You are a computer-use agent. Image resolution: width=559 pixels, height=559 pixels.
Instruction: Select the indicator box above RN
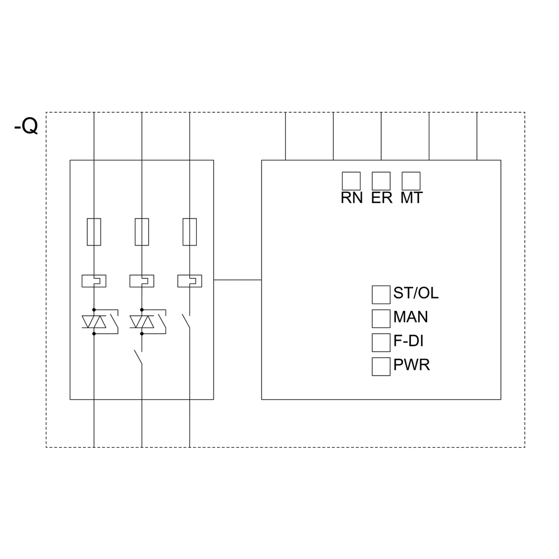(x=351, y=181)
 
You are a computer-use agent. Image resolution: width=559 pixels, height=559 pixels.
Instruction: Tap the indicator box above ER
(x=381, y=181)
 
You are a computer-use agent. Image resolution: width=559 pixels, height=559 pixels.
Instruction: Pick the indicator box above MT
(x=411, y=181)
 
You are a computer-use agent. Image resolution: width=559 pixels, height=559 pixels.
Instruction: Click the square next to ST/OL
(x=381, y=294)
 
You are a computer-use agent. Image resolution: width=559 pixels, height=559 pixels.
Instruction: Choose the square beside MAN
(x=381, y=318)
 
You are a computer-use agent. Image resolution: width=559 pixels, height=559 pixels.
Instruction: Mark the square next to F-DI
(x=381, y=342)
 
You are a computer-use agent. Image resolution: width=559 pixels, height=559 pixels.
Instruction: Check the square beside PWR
(x=381, y=366)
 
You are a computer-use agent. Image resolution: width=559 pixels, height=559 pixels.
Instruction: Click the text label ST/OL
(x=416, y=293)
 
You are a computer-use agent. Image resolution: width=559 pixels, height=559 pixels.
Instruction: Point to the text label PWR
(x=411, y=366)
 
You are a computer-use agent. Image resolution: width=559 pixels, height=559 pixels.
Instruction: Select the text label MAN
(x=411, y=317)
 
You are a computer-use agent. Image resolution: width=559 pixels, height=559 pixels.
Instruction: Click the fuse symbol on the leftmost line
(x=94, y=232)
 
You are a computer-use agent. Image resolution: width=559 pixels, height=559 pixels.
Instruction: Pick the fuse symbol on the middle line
(x=142, y=232)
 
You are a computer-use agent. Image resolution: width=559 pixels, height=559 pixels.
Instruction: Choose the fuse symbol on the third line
(x=190, y=232)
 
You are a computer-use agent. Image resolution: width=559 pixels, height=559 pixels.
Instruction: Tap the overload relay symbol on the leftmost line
(x=94, y=281)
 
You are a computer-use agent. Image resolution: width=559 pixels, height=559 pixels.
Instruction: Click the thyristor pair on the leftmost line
(x=94, y=322)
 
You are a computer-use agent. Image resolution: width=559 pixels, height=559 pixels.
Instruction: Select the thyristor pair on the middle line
(x=142, y=322)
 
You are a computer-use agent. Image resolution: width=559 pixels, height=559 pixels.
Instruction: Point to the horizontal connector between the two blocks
(x=238, y=279)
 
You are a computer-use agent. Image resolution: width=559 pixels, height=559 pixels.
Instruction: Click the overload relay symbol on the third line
(x=190, y=281)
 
